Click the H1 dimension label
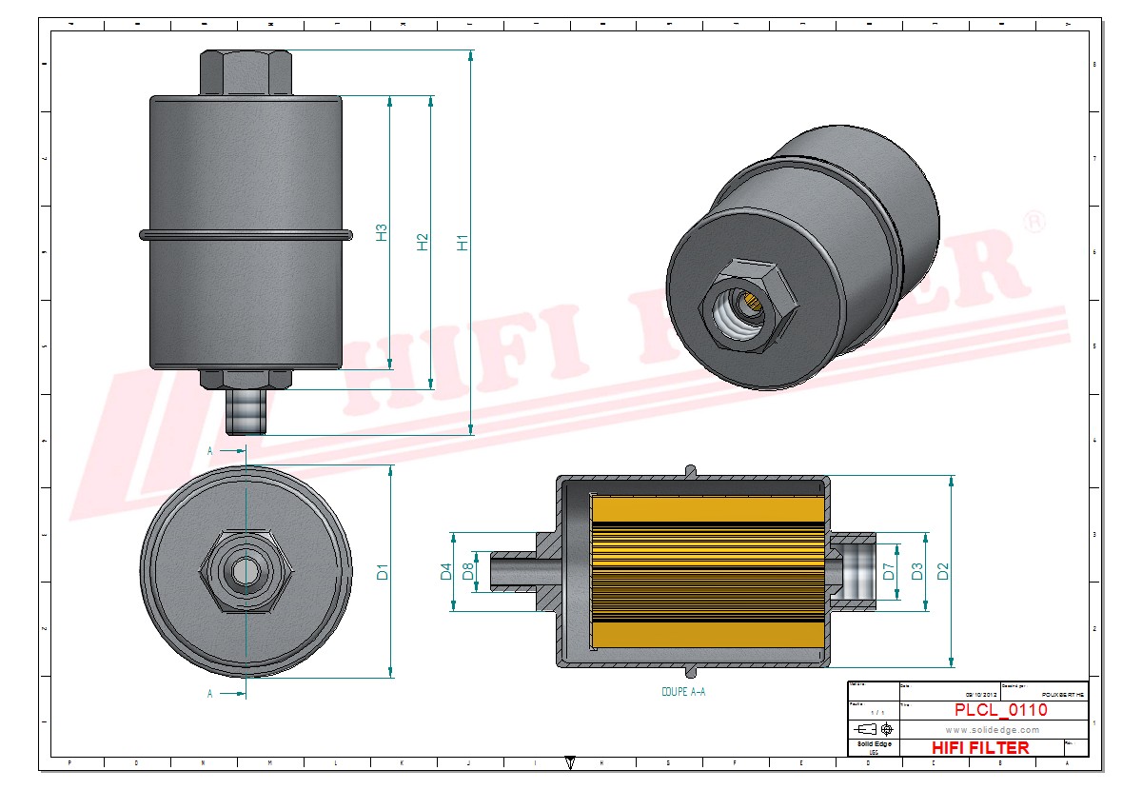click(x=463, y=242)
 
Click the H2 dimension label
click(x=423, y=242)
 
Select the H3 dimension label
click(x=381, y=232)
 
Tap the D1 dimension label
click(x=383, y=572)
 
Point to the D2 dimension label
click(x=942, y=572)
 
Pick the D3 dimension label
click(x=916, y=572)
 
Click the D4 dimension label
click(x=445, y=572)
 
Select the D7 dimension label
click(x=889, y=572)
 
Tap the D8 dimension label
click(x=467, y=572)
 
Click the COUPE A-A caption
click(x=683, y=692)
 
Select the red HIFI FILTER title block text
click(x=980, y=747)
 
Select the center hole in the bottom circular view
click(x=246, y=571)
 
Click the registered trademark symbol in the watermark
click(x=1033, y=222)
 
